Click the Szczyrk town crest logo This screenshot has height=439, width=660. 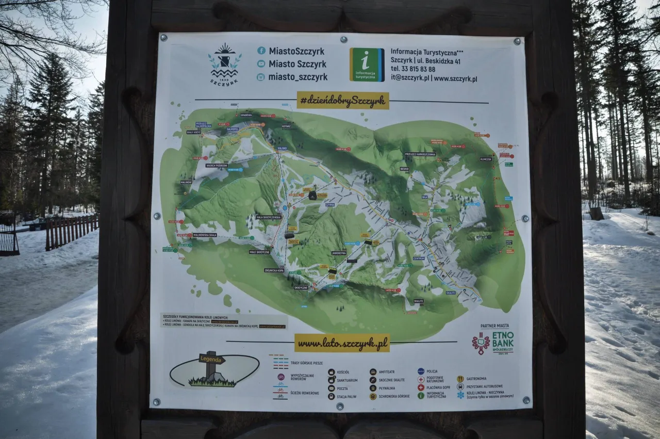(225, 63)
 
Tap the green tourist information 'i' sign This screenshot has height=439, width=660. (367, 64)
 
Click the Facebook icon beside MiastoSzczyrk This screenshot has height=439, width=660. (261, 51)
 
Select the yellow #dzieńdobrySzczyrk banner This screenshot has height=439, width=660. (343, 101)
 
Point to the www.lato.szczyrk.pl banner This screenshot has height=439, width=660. (342, 343)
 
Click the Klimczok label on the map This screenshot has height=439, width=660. (486, 159)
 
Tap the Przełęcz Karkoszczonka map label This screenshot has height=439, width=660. (420, 154)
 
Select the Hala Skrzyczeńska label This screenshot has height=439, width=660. (269, 217)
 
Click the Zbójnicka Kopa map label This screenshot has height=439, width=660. (274, 270)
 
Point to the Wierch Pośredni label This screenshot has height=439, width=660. (217, 166)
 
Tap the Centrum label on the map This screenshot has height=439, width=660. (419, 258)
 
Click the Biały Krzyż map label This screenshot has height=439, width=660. (194, 132)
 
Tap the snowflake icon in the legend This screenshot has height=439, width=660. (460, 395)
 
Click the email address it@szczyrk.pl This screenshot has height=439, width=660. (410, 78)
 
